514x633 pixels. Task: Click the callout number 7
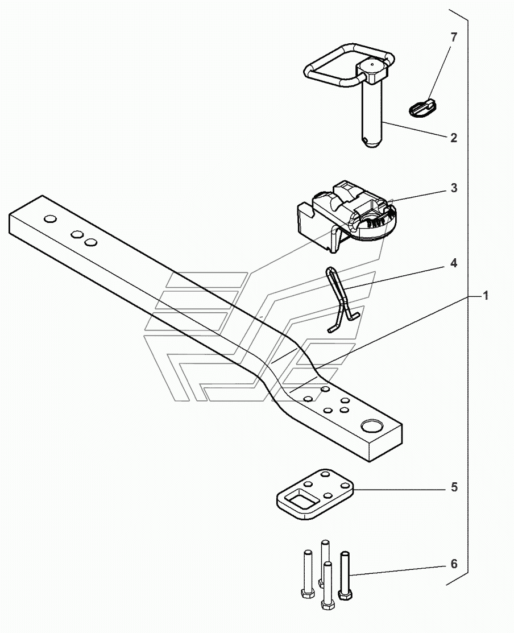453,38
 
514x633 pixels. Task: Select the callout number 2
453,138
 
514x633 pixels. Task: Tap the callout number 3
453,188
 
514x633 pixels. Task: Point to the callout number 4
453,263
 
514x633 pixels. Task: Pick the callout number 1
485,296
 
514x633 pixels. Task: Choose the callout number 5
453,488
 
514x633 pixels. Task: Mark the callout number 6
453,564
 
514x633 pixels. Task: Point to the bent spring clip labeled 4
341,299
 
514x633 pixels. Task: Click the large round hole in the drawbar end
372,426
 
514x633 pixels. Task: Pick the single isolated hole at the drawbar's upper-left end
50,219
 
